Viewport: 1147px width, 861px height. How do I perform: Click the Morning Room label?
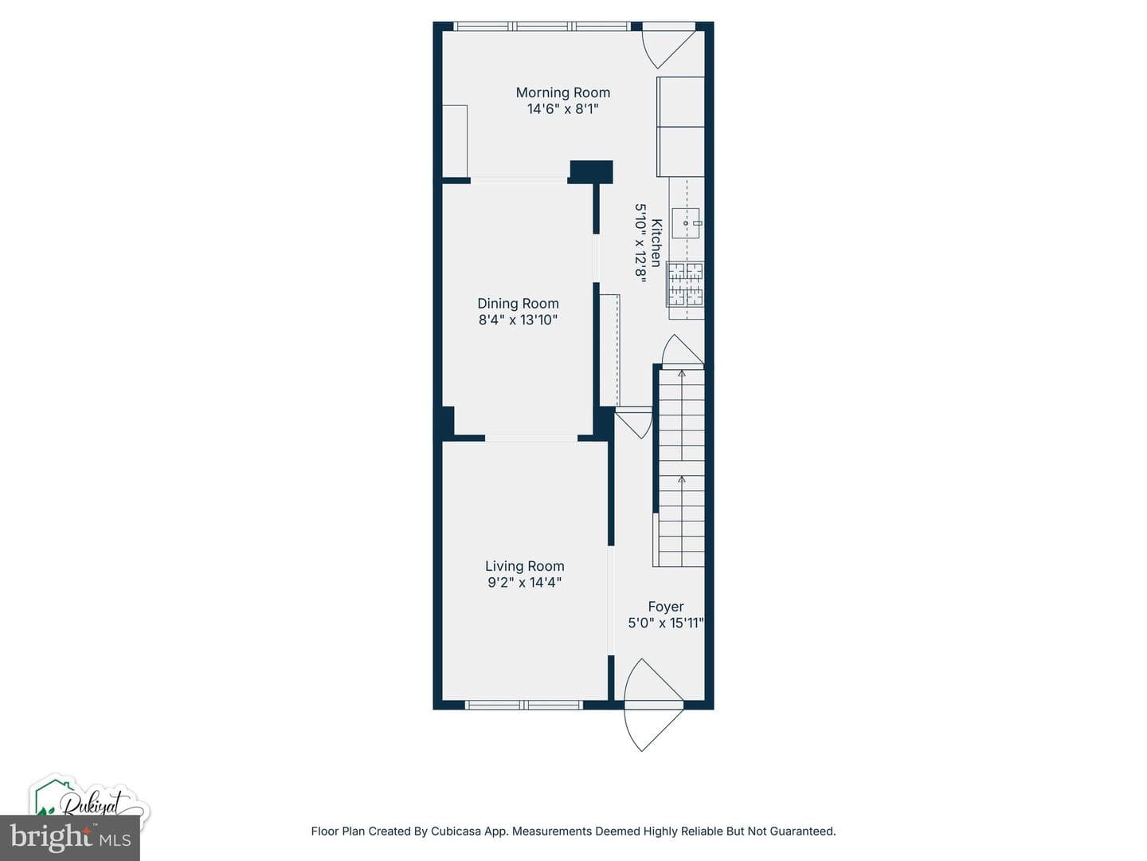(x=563, y=92)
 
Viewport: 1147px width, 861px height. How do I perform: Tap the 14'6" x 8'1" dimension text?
(x=563, y=108)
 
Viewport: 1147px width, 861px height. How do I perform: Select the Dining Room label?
(x=518, y=304)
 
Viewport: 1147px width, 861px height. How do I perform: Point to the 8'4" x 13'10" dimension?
(x=518, y=320)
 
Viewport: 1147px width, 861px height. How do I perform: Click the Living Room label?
(x=525, y=566)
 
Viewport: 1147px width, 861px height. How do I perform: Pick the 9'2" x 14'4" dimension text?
(x=525, y=582)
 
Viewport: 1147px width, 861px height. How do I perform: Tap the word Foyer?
(x=666, y=607)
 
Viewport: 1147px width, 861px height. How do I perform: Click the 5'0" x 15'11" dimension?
(x=666, y=623)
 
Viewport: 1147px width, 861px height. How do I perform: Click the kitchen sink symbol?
(x=686, y=223)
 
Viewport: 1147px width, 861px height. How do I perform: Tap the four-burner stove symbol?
(x=685, y=284)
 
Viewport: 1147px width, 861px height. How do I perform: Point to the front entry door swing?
(x=653, y=706)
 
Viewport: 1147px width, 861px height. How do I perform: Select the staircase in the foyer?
(x=681, y=467)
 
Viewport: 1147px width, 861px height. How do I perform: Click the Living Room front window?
(x=523, y=706)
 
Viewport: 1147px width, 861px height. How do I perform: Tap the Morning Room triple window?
(x=542, y=26)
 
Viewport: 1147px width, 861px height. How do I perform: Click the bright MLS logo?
(x=69, y=837)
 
